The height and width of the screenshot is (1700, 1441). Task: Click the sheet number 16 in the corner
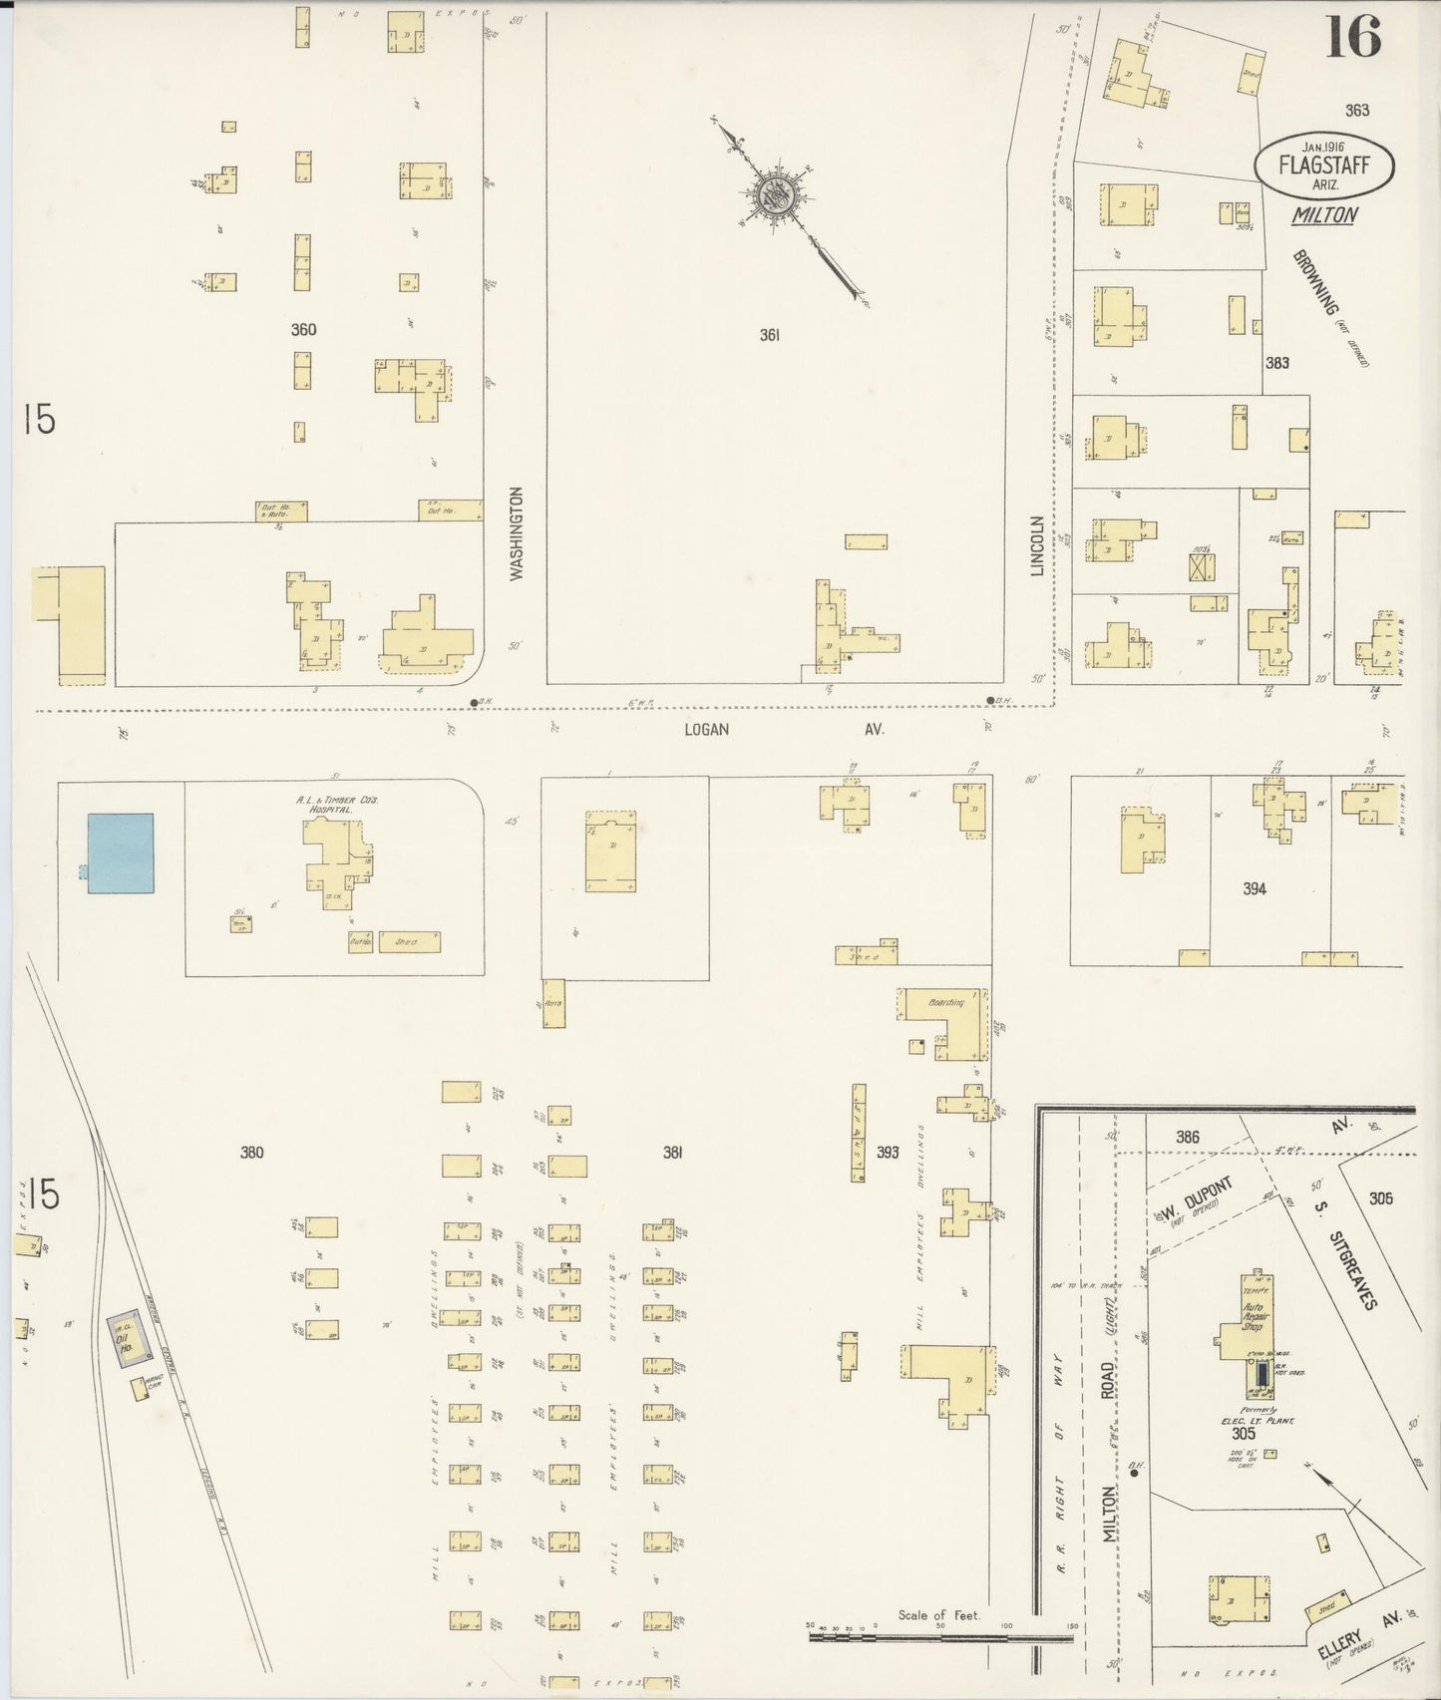point(1353,39)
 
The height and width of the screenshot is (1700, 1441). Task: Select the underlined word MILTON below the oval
point(1323,214)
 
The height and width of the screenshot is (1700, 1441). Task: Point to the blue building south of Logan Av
point(121,852)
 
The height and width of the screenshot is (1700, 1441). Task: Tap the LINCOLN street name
point(1037,545)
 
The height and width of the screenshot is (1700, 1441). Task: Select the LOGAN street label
point(706,730)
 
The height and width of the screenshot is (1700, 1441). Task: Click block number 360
point(303,330)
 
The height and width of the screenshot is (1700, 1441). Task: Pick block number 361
point(769,336)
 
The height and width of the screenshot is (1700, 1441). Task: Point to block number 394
point(1255,888)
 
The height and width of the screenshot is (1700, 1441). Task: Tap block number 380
point(251,1153)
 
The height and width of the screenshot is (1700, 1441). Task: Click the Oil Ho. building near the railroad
point(127,1332)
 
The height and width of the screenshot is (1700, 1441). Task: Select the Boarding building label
point(945,1003)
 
